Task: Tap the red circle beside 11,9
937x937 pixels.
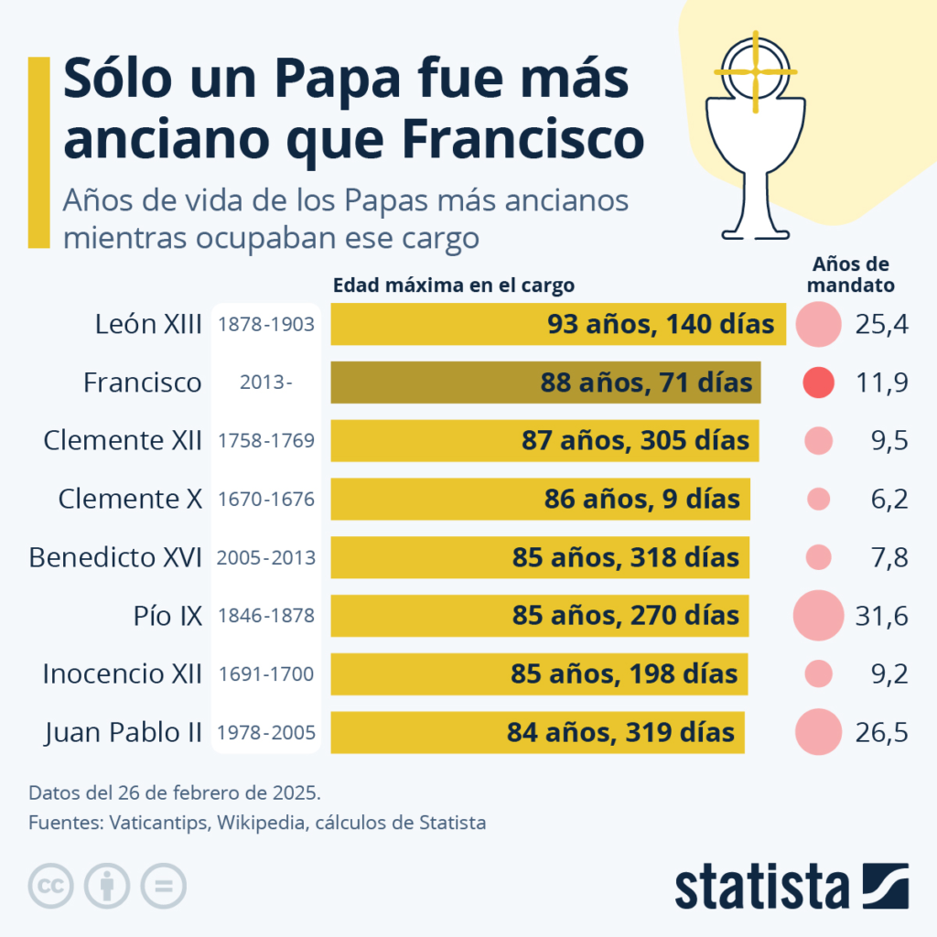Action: click(x=818, y=382)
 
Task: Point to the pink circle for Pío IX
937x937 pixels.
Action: click(x=818, y=616)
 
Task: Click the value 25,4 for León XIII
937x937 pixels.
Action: click(x=881, y=324)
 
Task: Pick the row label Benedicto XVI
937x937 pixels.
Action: click(x=115, y=557)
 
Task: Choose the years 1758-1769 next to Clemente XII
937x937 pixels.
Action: click(x=266, y=440)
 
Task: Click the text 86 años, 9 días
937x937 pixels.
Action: click(x=641, y=499)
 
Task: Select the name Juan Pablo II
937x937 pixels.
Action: click(x=123, y=732)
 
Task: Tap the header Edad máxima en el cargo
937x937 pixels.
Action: click(x=453, y=285)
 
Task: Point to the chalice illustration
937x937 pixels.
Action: click(x=755, y=165)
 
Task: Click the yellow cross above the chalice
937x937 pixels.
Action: click(x=756, y=72)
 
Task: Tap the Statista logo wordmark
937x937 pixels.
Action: click(x=762, y=887)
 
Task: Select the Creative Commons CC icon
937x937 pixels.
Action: click(x=51, y=886)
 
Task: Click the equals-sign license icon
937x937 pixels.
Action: click(x=163, y=886)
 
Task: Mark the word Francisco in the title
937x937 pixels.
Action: click(x=522, y=139)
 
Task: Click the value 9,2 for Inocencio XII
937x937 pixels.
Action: click(x=888, y=674)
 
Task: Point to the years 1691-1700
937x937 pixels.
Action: click(x=266, y=674)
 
